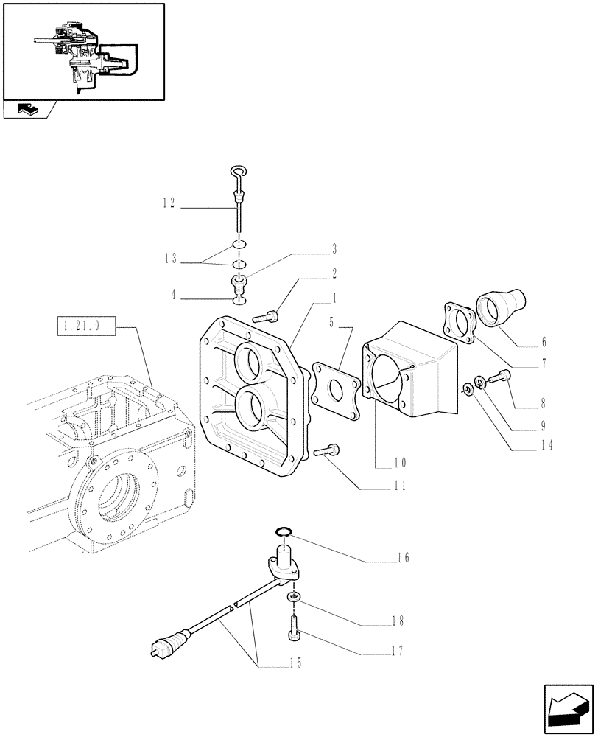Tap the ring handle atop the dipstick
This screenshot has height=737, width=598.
(x=238, y=172)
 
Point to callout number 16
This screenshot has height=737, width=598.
(x=402, y=559)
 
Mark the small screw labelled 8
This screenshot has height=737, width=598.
(x=505, y=377)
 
